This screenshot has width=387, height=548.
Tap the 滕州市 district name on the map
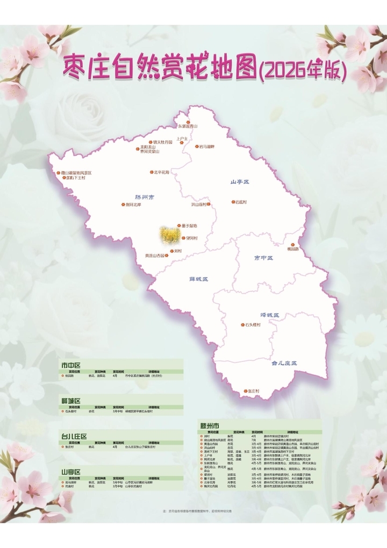pos(144,197)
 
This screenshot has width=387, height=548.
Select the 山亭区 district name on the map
pos(240,182)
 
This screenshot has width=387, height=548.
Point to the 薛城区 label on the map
pos(198,279)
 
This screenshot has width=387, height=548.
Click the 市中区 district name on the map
pos(263,258)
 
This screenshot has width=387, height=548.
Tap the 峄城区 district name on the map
pos(270,315)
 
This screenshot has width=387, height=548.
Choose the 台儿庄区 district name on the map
pos(284,364)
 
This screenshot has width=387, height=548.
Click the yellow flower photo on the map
pos(170,234)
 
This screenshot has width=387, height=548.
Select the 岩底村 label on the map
pos(240,202)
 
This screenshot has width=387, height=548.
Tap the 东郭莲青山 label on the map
pos(188,126)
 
